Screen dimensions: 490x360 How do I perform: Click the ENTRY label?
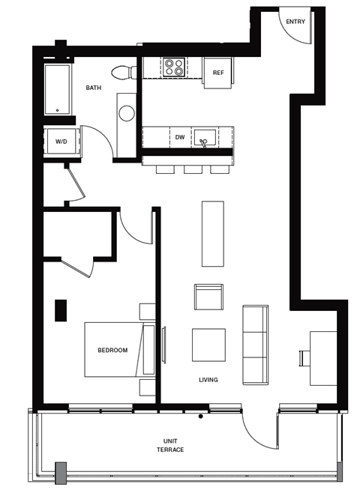(x=295, y=22)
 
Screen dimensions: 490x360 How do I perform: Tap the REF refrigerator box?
(x=218, y=73)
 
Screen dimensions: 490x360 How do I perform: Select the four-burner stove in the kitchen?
(x=174, y=67)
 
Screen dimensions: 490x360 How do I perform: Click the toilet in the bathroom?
(x=123, y=71)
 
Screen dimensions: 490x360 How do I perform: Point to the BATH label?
(x=93, y=88)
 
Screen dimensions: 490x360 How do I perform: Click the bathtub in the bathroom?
(x=58, y=89)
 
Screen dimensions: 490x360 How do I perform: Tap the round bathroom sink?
(x=127, y=114)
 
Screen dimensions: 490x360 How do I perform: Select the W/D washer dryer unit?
(x=61, y=141)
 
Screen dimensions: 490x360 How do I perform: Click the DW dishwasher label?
(x=180, y=138)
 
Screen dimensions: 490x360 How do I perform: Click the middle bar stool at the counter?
(x=193, y=169)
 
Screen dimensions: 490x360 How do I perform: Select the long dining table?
(x=212, y=233)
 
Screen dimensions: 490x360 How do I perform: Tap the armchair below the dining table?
(x=208, y=297)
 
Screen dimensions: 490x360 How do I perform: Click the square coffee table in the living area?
(x=208, y=345)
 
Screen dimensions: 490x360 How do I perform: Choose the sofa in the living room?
(x=255, y=344)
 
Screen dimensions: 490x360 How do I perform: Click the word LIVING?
(x=208, y=380)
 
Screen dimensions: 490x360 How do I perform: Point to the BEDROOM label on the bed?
(x=112, y=350)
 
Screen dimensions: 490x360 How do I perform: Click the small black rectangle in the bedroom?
(x=60, y=310)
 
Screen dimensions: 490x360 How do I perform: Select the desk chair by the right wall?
(x=304, y=358)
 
